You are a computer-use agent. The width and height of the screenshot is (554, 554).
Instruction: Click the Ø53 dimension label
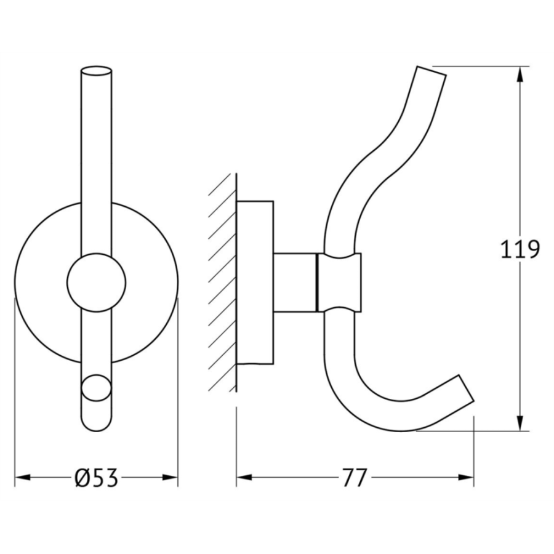97,478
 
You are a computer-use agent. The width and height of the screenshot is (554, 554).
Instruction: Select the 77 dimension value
355,478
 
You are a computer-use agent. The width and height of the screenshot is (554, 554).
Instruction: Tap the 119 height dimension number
520,249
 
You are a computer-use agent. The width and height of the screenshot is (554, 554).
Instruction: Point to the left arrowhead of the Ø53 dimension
23,478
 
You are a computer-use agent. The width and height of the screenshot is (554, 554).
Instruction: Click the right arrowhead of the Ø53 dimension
170,478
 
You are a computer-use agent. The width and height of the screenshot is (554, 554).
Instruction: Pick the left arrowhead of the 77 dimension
244,478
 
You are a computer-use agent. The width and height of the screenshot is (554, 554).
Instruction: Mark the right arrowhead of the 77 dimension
466,478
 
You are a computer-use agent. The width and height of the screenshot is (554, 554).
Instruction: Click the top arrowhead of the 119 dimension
520,74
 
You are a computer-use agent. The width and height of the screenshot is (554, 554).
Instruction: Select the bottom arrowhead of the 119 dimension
520,423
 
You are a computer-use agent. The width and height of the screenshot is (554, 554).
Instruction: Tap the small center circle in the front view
97,283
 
